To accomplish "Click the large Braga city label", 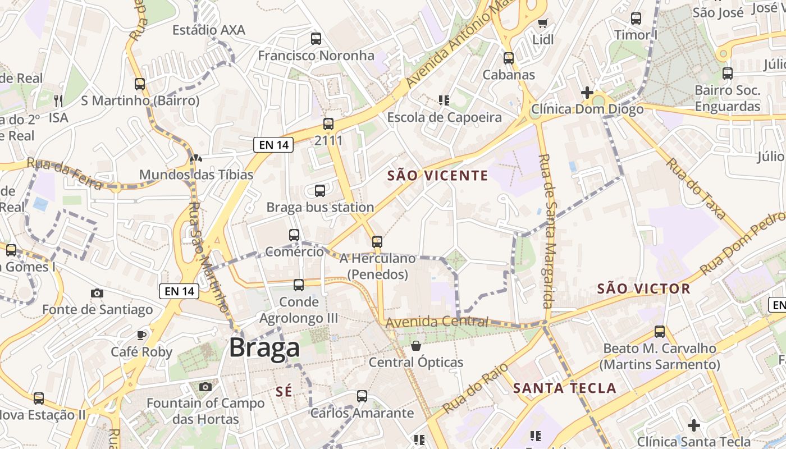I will click(x=264, y=348).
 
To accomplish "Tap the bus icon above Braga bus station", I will click(x=320, y=191).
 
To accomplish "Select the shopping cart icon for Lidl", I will click(x=542, y=23).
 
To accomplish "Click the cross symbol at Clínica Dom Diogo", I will click(x=587, y=92).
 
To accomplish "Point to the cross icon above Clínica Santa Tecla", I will click(x=694, y=425).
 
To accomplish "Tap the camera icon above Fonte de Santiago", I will click(x=97, y=293).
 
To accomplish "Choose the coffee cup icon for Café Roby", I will click(x=141, y=335).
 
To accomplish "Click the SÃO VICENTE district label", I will click(x=438, y=176).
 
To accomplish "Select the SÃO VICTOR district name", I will click(x=643, y=289).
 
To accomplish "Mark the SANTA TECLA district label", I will click(x=565, y=388).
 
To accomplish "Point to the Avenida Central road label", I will click(x=437, y=322).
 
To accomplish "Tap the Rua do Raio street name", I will click(x=475, y=388).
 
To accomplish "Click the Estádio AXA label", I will click(x=209, y=30).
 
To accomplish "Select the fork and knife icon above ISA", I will click(x=58, y=101).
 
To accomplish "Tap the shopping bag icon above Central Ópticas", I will click(x=416, y=346).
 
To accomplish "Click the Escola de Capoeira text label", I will click(x=445, y=117).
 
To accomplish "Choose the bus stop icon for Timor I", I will click(x=636, y=19).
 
